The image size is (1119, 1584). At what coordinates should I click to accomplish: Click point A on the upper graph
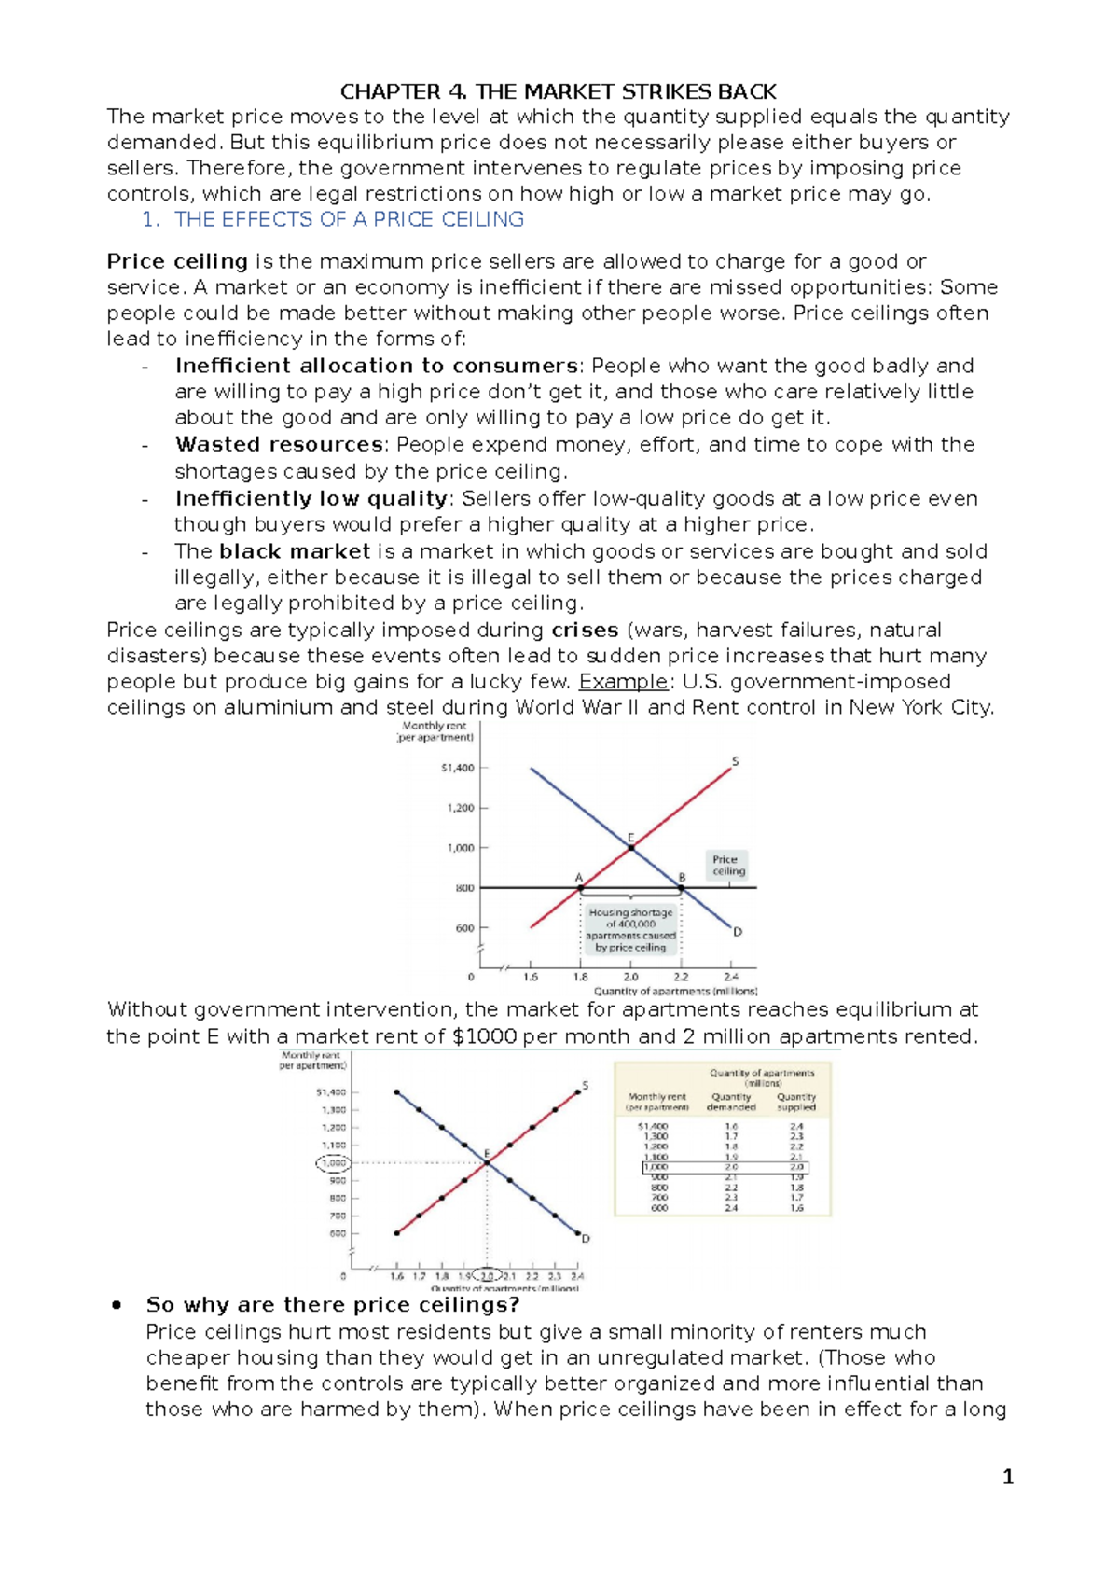580,887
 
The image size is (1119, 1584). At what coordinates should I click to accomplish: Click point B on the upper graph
681,887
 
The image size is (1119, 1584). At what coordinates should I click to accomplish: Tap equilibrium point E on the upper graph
631,846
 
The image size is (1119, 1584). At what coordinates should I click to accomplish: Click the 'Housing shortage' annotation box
630,929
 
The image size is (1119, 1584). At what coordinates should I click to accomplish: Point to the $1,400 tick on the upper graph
458,768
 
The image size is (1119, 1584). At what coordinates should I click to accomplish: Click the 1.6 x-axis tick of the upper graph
531,977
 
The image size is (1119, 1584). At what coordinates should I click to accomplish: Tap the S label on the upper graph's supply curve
735,761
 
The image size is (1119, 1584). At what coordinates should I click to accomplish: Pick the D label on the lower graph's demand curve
586,1239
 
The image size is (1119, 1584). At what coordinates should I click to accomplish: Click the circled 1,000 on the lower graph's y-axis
333,1162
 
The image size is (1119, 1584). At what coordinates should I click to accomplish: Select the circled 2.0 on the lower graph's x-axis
488,1275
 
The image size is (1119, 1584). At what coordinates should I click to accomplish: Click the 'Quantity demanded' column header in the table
731,1102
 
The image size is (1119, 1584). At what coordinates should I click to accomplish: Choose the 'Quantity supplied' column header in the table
795,1102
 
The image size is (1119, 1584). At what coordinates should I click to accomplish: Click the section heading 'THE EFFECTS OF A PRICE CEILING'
349,219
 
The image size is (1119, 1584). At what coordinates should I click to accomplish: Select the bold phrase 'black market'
295,551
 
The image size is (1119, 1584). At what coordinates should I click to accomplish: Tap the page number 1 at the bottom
1007,1476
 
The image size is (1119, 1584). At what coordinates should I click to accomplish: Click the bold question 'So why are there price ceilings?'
332,1304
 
